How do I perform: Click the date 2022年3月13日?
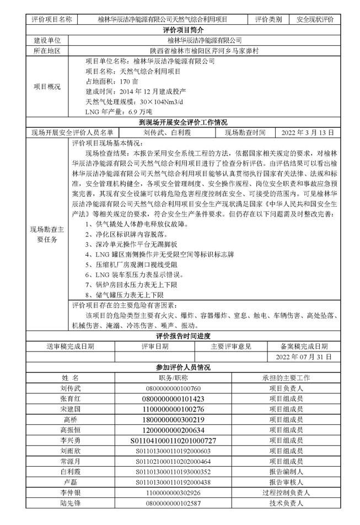pyautogui.click(x=308, y=132)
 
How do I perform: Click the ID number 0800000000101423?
pyautogui.click(x=173, y=398)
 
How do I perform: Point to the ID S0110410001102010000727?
pyautogui.click(x=173, y=440)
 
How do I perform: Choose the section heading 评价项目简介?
pyautogui.click(x=180, y=29)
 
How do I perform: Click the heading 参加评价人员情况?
pyautogui.click(x=180, y=367)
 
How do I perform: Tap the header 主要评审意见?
pyautogui.click(x=231, y=346)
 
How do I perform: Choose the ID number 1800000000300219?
pyautogui.click(x=173, y=419)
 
